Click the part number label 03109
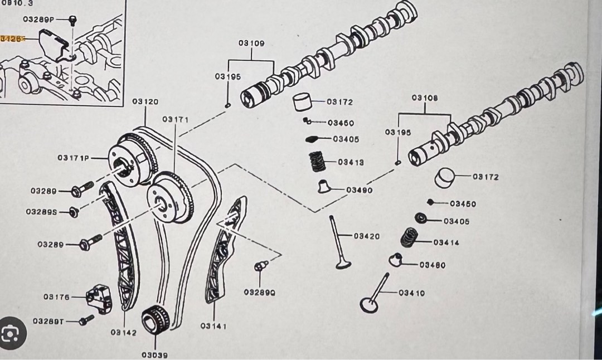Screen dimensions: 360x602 (x=251, y=43)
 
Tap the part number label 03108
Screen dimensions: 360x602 (x=425, y=98)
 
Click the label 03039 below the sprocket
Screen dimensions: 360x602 (x=154, y=354)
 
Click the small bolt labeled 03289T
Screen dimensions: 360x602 (x=87, y=320)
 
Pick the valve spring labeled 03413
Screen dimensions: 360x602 (x=318, y=162)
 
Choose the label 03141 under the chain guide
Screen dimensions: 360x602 (x=213, y=326)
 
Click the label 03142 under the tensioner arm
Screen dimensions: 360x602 (x=123, y=333)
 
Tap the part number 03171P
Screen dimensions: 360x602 (x=73, y=158)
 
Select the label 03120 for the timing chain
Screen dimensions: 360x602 (x=145, y=102)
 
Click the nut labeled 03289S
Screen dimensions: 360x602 (x=74, y=212)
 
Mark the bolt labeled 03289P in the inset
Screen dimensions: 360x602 (x=72, y=21)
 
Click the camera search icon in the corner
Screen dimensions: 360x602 (x=11, y=333)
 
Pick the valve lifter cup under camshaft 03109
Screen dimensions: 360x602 (x=302, y=102)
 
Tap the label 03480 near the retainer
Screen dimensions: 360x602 (x=433, y=265)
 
